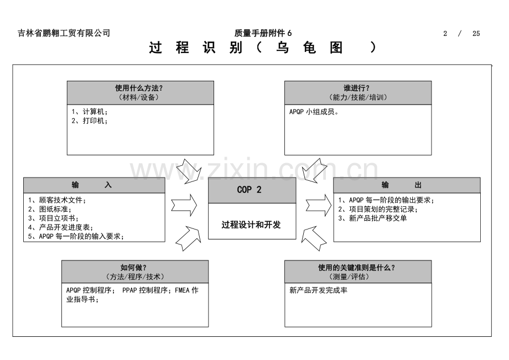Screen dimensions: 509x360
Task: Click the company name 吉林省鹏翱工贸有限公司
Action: (x=64, y=33)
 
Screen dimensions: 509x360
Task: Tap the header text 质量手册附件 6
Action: (x=263, y=33)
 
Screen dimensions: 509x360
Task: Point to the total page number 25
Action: (x=476, y=34)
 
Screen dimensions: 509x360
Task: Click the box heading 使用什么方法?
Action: (x=139, y=88)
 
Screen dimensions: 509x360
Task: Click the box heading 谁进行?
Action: (x=356, y=88)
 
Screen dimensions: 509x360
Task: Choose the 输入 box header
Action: (x=94, y=185)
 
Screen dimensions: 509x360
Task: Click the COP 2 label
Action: (x=249, y=190)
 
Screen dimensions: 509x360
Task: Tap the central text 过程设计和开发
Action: (x=251, y=225)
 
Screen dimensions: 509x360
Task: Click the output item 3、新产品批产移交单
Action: (x=372, y=218)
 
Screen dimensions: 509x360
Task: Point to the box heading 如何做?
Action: (x=133, y=268)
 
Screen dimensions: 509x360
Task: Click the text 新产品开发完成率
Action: (x=319, y=290)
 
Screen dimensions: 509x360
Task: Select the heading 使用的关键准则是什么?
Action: (x=356, y=268)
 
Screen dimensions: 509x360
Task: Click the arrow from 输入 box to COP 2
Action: (x=184, y=205)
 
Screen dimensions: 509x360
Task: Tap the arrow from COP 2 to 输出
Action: (x=319, y=205)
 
